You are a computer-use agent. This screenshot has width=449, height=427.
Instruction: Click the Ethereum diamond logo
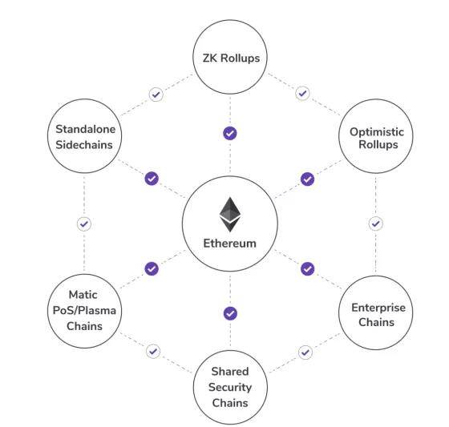pyautogui.click(x=230, y=215)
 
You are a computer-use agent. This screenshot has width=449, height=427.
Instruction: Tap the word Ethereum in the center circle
pyautogui.click(x=229, y=244)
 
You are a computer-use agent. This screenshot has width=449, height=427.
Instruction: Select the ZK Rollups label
pyautogui.click(x=231, y=58)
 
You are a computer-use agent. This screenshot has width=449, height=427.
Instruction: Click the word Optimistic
pyautogui.click(x=377, y=132)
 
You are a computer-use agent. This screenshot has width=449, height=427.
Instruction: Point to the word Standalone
pyautogui.click(x=85, y=129)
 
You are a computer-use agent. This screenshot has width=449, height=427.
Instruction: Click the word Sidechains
pyautogui.click(x=84, y=145)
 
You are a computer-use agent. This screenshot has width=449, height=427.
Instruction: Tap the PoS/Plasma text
pyautogui.click(x=84, y=311)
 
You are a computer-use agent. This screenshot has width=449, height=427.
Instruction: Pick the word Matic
pyautogui.click(x=83, y=295)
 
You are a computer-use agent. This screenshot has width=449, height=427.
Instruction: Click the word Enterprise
pyautogui.click(x=378, y=308)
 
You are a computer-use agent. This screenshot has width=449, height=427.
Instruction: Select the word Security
pyautogui.click(x=230, y=388)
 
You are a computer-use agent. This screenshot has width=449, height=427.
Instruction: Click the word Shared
pyautogui.click(x=230, y=372)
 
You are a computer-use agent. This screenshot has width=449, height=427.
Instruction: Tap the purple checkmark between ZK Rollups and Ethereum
pyautogui.click(x=230, y=133)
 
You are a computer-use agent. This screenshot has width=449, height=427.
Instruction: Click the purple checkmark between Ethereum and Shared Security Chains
pyautogui.click(x=230, y=313)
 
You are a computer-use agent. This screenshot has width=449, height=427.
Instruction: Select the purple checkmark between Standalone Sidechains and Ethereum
pyautogui.click(x=152, y=179)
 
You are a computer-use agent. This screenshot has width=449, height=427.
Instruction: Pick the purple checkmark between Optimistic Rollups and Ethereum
pyautogui.click(x=308, y=179)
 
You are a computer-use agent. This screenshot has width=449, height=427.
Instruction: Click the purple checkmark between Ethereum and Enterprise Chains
pyautogui.click(x=308, y=268)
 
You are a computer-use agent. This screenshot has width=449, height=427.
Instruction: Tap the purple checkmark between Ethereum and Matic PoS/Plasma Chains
pyautogui.click(x=152, y=268)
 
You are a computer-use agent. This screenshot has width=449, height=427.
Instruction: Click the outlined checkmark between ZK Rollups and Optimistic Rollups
pyautogui.click(x=302, y=93)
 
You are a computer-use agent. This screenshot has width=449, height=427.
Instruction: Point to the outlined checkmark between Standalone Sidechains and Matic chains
pyautogui.click(x=84, y=224)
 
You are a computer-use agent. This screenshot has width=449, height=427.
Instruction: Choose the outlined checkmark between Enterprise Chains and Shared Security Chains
pyautogui.click(x=305, y=352)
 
